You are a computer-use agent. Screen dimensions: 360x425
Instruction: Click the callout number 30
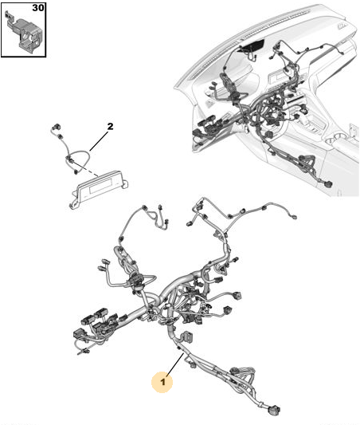tap(38, 8)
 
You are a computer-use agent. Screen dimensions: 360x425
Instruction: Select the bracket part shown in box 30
tap(24, 32)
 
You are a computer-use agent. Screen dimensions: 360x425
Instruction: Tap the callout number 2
tap(110, 126)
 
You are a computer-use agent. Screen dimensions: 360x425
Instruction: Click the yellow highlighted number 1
tap(162, 382)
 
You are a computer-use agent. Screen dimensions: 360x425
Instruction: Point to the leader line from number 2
tap(99, 140)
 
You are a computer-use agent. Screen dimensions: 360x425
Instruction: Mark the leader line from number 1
tap(175, 364)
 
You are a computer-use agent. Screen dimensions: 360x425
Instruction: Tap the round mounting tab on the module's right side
tap(125, 183)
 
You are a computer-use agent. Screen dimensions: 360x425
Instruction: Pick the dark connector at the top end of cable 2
tap(57, 127)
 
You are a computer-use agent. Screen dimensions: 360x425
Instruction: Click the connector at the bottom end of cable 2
tap(76, 172)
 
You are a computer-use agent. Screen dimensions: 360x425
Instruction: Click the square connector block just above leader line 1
tap(187, 336)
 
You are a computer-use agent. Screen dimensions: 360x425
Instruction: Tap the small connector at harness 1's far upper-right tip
tap(293, 217)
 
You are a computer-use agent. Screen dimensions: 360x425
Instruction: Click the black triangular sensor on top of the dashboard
tap(252, 45)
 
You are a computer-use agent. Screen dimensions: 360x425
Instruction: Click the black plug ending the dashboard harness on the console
tap(327, 184)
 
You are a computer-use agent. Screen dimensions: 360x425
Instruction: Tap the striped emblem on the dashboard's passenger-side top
tap(342, 26)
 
